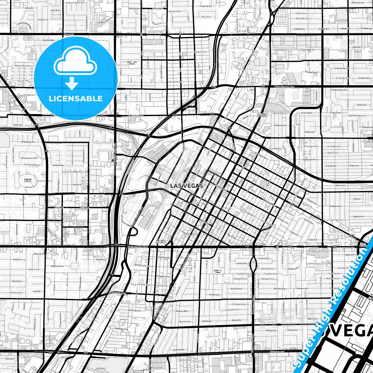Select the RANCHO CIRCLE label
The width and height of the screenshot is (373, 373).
coord(28,180)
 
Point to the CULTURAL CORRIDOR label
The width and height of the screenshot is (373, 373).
coord(261,115)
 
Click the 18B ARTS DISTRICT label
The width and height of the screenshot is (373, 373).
coord(161,242)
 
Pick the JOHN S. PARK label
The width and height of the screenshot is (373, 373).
coord(217,271)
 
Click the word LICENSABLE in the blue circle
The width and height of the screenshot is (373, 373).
coord(76,98)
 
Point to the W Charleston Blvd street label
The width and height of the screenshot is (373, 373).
coord(138,247)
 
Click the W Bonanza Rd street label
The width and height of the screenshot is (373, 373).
coord(136,115)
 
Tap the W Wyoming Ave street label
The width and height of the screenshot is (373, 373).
coord(117,293)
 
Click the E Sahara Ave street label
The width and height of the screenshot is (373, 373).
coord(277,352)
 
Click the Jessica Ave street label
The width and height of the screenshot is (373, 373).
coord(242,263)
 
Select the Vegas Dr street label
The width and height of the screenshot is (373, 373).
coord(69,34)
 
